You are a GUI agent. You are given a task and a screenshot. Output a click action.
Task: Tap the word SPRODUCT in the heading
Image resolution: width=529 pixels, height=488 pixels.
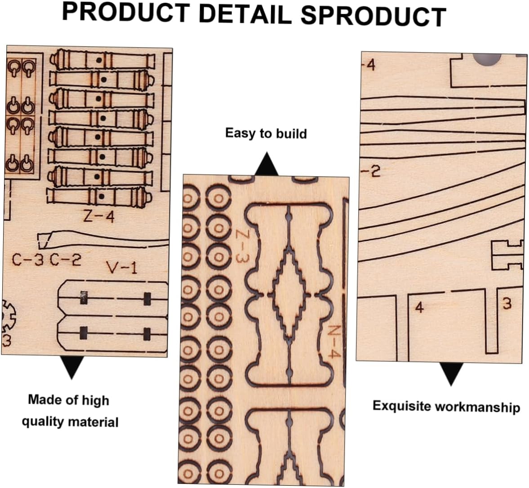pyautogui.click(x=373, y=16)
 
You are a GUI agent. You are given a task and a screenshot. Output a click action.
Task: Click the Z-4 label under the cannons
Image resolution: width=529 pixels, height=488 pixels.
pyautogui.click(x=99, y=217)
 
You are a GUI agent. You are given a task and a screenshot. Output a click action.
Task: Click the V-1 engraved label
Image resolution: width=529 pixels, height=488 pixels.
pyautogui.click(x=121, y=268)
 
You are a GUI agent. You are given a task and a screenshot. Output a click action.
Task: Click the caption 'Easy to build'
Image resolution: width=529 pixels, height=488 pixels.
pyautogui.click(x=266, y=133)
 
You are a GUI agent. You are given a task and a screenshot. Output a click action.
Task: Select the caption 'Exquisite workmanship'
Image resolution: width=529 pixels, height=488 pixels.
pyautogui.click(x=446, y=406)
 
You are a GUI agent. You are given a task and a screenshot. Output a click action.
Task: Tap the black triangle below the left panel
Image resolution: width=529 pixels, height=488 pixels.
pyautogui.click(x=71, y=368)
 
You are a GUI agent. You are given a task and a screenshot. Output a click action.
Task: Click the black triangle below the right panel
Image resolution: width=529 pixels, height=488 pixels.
pyautogui.click(x=451, y=374)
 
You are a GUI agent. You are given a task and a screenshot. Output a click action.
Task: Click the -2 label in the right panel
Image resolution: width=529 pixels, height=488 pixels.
pyautogui.click(x=371, y=171)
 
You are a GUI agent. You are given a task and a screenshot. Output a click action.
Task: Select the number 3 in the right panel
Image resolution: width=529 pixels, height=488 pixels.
pyautogui.click(x=507, y=304)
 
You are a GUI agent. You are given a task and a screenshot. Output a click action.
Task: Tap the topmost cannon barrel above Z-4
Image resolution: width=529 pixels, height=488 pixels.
pyautogui.click(x=102, y=59)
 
